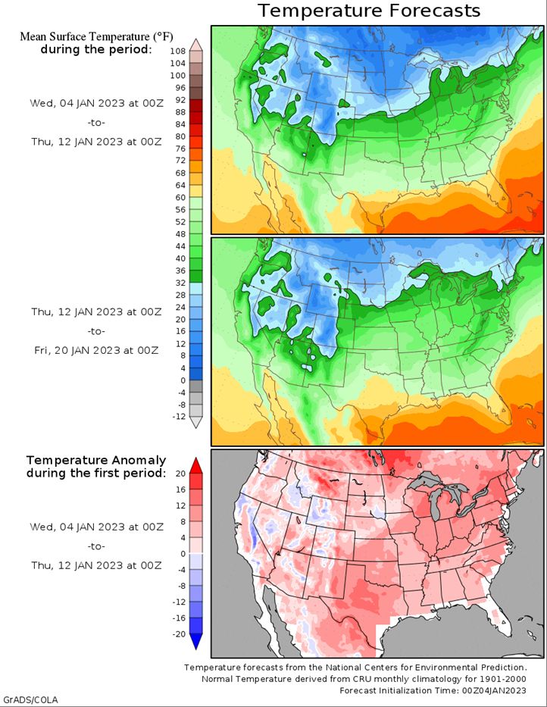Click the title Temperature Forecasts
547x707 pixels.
click(369, 11)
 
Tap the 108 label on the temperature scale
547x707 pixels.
click(178, 52)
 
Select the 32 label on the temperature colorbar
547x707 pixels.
click(180, 283)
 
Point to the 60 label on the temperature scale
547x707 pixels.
click(180, 198)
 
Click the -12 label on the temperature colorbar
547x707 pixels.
click(179, 417)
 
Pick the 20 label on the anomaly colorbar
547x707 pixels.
click(180, 474)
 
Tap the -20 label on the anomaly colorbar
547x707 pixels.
click(179, 634)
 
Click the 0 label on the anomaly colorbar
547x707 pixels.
click(183, 554)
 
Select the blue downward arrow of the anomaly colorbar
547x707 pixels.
click(195, 641)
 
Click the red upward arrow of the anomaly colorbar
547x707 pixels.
click(195, 466)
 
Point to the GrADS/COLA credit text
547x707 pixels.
click(30, 699)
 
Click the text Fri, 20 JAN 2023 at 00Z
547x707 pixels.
click(96, 350)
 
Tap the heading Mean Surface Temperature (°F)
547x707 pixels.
click(96, 36)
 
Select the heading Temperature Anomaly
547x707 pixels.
click(96, 461)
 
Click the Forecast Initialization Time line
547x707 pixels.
click(433, 690)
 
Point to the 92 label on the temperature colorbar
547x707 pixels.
click(180, 100)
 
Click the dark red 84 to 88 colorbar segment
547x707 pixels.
click(196, 117)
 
